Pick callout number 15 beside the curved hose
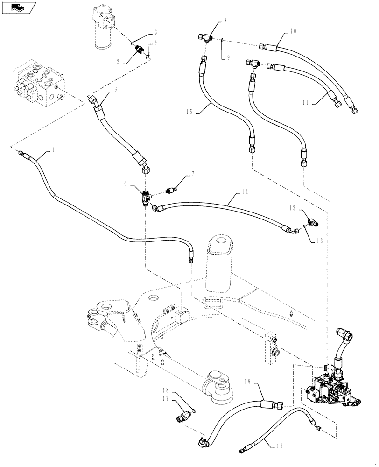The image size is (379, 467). tap(189, 112)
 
